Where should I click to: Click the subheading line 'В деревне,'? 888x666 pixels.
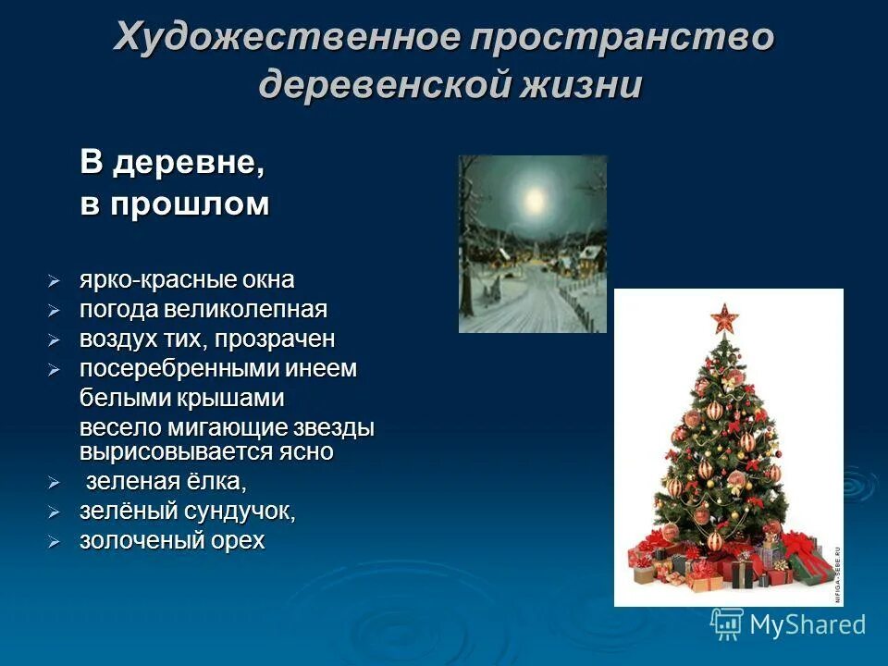(x=172, y=164)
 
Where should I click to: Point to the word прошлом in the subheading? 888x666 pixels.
(x=191, y=204)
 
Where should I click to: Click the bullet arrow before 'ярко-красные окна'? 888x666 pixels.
(x=55, y=279)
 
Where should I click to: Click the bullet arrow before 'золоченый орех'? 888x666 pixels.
(x=55, y=542)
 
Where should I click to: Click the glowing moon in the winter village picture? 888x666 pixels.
(x=534, y=197)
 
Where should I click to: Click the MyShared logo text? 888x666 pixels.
(x=807, y=624)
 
